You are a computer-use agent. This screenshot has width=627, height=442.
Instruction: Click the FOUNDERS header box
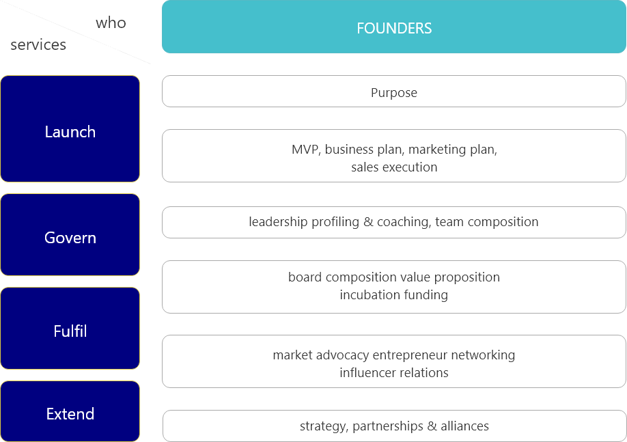(x=394, y=27)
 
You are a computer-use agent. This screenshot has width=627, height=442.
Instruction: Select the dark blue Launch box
(x=70, y=129)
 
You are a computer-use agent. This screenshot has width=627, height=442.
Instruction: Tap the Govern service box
(x=70, y=235)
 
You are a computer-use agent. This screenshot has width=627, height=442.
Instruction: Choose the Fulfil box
(x=70, y=329)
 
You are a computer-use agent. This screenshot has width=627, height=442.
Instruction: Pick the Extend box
(x=70, y=412)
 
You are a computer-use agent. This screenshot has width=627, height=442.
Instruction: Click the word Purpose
(x=394, y=93)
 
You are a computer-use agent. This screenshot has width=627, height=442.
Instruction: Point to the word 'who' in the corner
(x=111, y=23)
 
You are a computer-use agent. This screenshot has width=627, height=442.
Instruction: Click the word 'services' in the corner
(x=38, y=45)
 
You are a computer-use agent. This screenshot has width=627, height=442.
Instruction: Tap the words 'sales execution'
(x=394, y=167)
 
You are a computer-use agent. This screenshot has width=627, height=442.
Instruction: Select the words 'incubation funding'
(x=394, y=295)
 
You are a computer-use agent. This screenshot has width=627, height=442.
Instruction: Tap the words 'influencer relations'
(x=394, y=373)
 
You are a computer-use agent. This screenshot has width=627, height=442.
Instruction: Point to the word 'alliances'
(x=464, y=426)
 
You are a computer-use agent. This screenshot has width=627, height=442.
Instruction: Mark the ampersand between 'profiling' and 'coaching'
(x=368, y=222)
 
